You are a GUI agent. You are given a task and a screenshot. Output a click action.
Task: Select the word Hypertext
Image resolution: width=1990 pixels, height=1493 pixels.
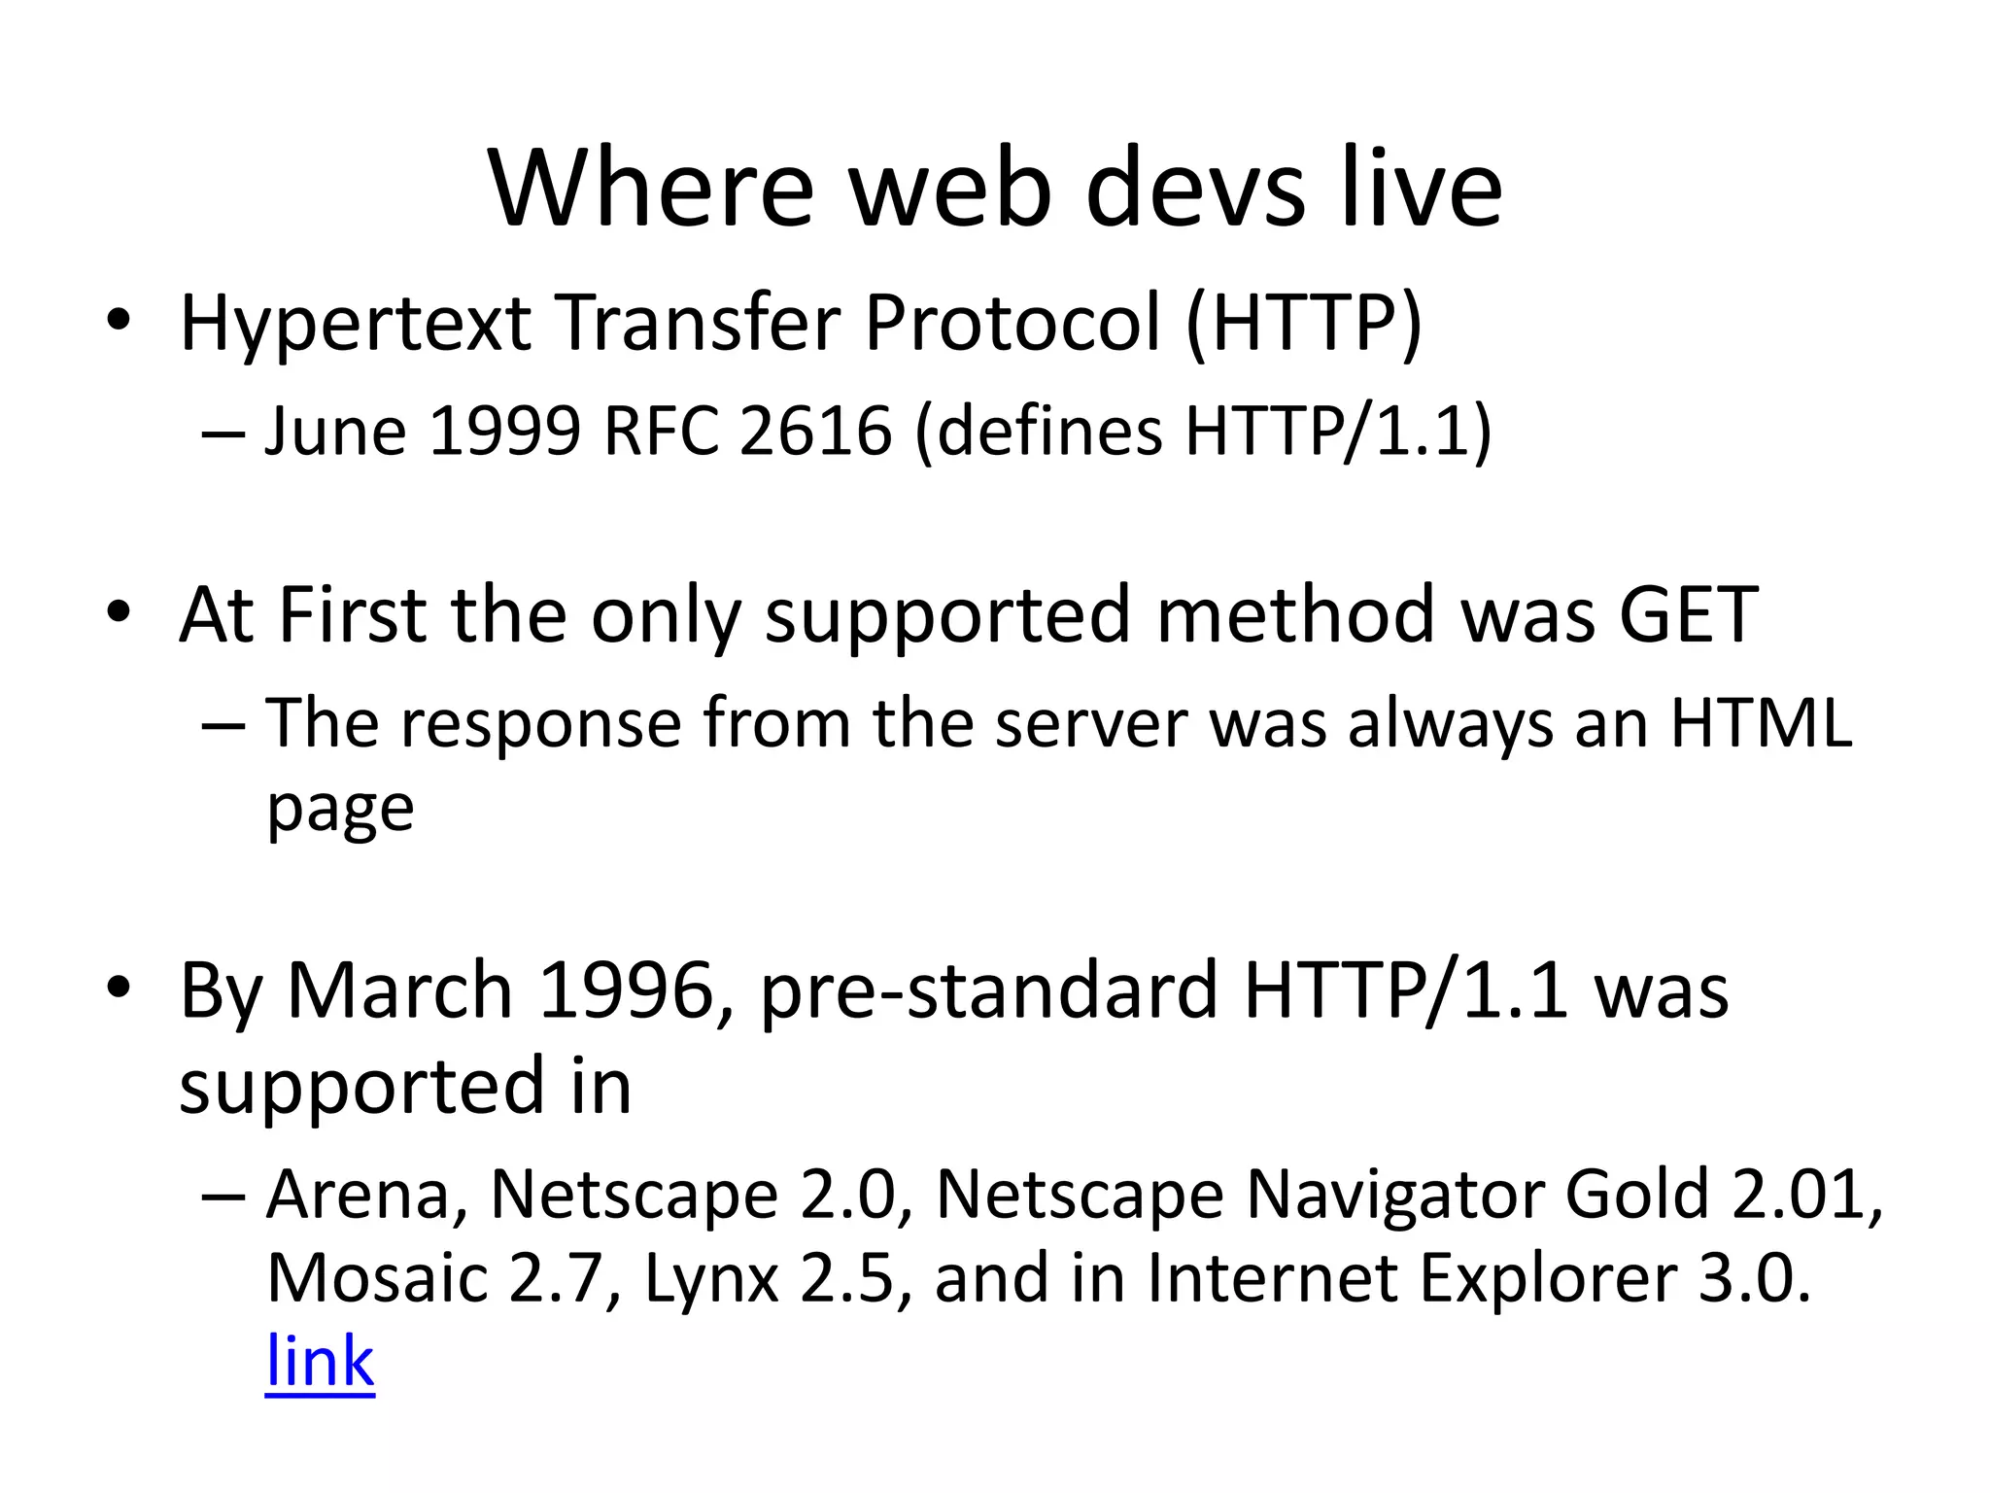pos(356,324)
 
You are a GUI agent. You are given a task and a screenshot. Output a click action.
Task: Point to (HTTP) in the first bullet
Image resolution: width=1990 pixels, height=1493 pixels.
pos(1303,324)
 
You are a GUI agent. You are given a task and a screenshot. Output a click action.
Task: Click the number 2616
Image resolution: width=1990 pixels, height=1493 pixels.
pos(815,431)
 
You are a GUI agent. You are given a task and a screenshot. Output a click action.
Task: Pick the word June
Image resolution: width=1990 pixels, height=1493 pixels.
pos(335,431)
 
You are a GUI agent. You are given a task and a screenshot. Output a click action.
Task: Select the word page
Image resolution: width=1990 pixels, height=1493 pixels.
pos(340,810)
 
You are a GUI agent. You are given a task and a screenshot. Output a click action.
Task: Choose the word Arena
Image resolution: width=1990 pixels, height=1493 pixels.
pos(365,1194)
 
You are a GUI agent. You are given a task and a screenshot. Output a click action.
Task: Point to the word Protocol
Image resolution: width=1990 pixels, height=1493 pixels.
pos(1012,324)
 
